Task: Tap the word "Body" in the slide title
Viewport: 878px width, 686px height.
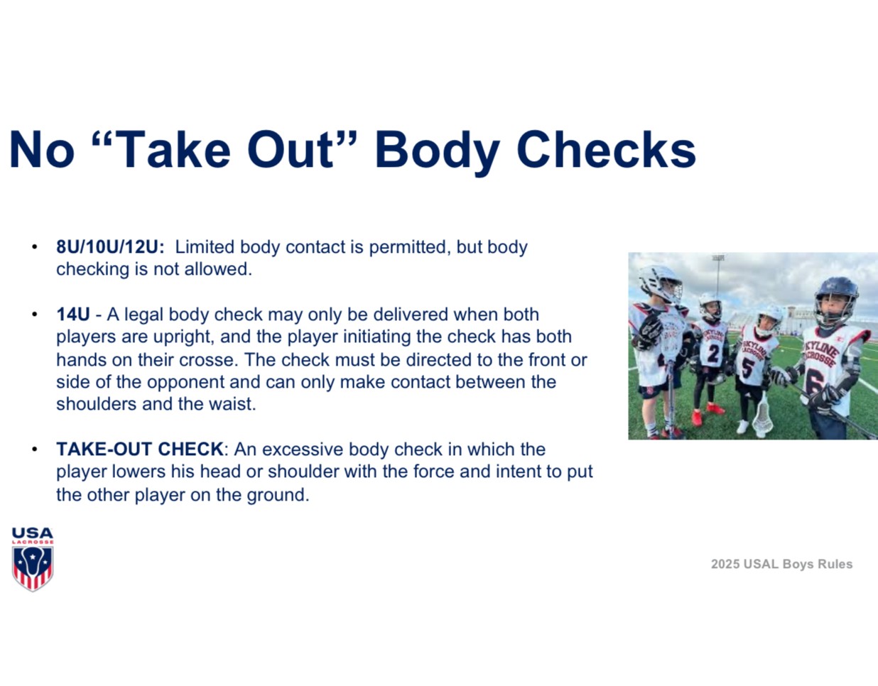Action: (438, 153)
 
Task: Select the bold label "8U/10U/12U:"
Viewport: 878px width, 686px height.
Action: (110, 247)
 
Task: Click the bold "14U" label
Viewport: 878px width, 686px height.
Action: (73, 315)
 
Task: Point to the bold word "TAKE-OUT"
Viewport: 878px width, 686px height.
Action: (104, 450)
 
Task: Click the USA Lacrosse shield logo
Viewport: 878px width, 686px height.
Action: (33, 559)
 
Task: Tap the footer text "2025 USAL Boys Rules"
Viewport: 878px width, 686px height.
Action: (781, 564)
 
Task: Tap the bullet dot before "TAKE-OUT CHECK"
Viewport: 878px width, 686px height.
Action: (35, 450)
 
